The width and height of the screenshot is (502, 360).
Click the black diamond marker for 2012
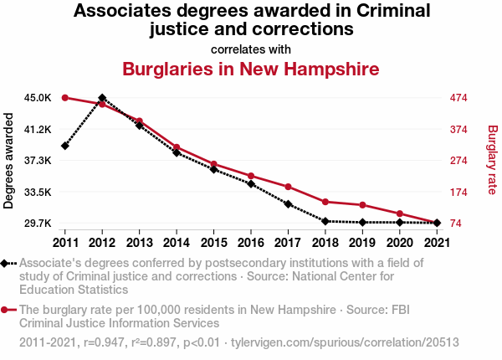(102, 98)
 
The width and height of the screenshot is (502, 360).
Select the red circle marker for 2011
(65, 98)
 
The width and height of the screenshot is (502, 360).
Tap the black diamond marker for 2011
(65, 146)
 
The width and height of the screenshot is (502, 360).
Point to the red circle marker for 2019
(361, 205)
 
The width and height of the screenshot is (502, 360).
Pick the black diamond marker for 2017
(287, 203)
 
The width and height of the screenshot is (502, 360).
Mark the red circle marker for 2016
(250, 176)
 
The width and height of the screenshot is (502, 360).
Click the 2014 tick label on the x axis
(177, 242)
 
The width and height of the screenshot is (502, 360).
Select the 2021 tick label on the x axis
(435, 242)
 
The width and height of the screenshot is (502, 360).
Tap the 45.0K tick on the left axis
(38, 98)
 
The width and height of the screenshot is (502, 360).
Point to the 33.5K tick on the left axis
(38, 192)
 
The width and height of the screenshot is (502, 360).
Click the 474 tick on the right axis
(458, 98)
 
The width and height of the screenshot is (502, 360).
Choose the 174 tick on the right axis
(458, 192)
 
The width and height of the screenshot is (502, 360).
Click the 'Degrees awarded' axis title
(9, 161)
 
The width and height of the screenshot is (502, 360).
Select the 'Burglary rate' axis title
(492, 161)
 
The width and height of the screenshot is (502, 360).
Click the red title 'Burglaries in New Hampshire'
(251, 69)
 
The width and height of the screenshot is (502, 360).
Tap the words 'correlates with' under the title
(251, 49)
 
